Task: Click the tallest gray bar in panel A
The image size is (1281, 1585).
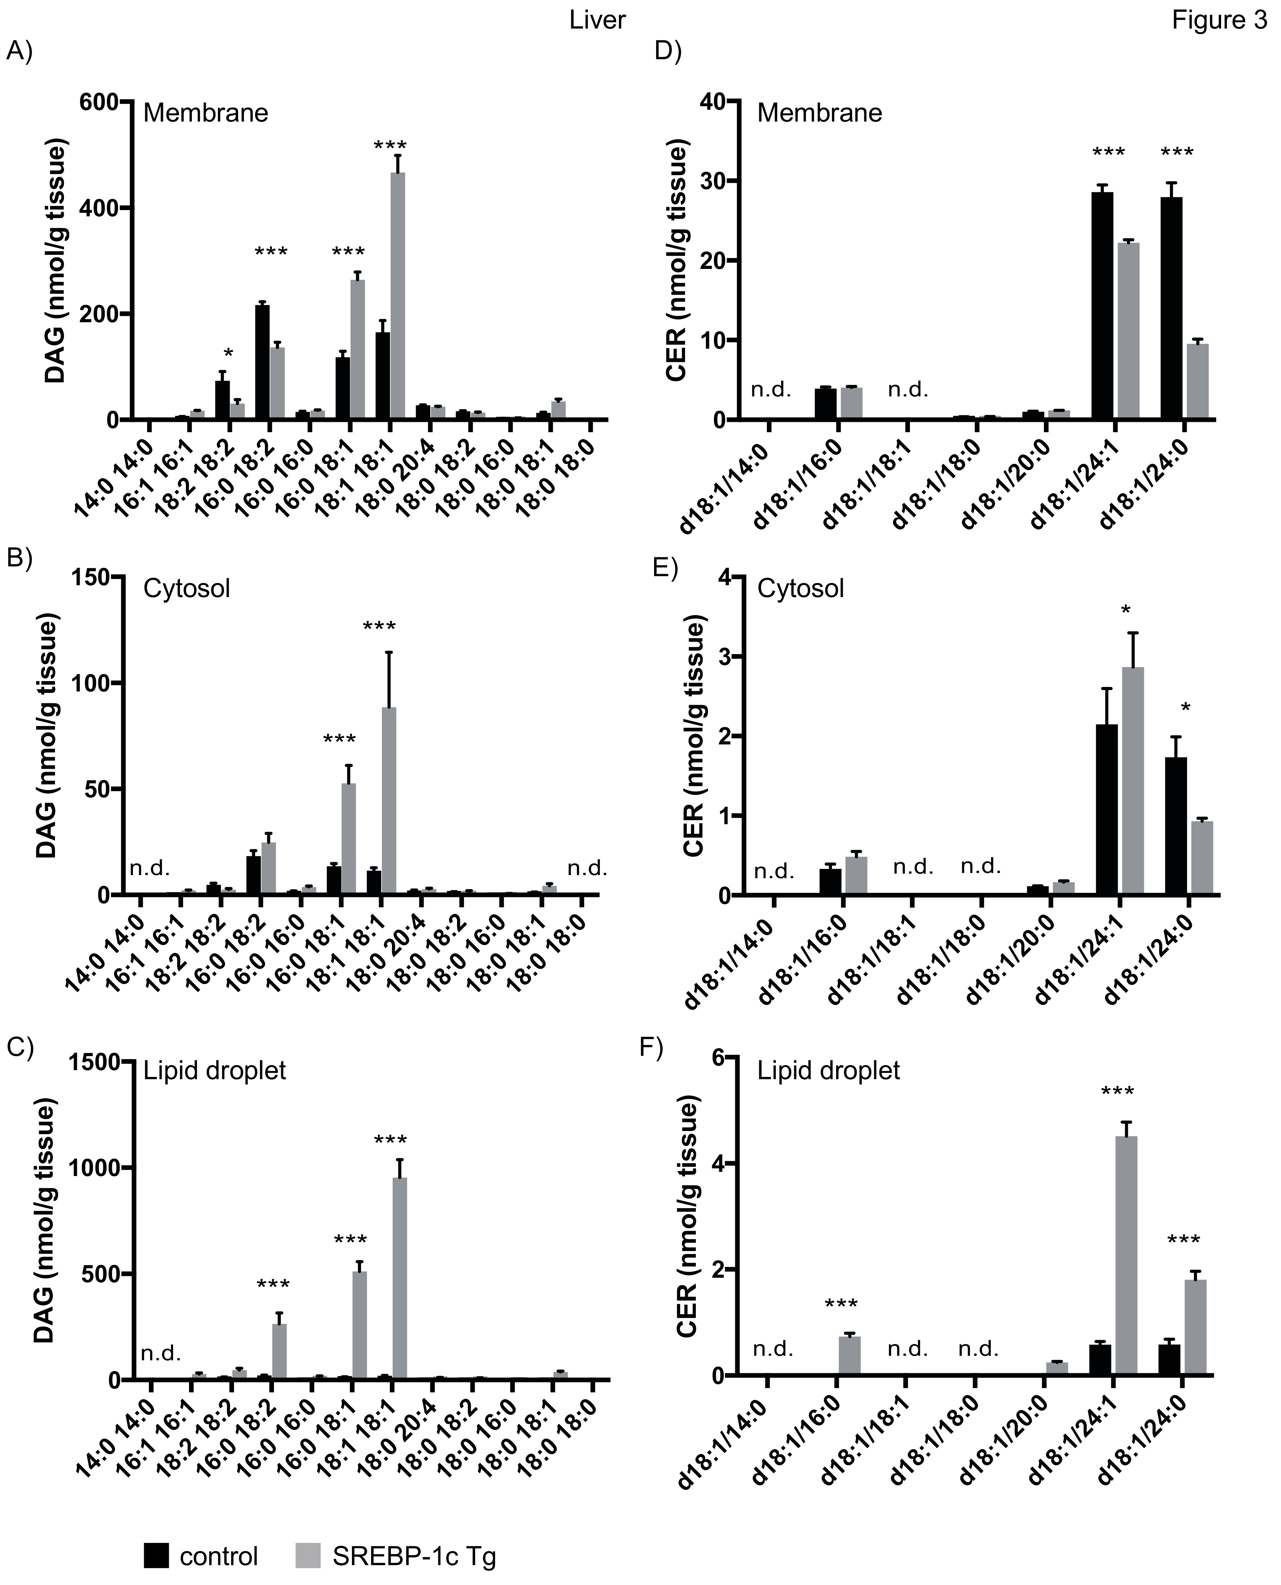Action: point(398,295)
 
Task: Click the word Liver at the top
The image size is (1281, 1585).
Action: point(597,20)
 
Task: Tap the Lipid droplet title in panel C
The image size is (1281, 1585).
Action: point(214,1070)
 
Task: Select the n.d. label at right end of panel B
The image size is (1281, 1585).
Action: point(587,868)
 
